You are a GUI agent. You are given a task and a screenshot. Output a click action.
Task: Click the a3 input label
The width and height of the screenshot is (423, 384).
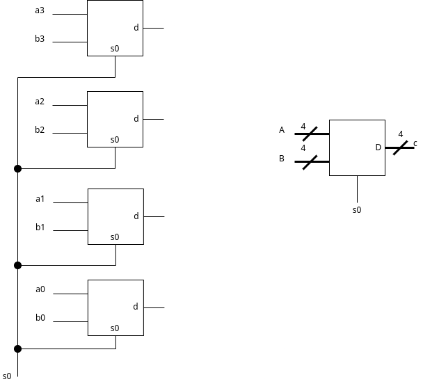click(40, 11)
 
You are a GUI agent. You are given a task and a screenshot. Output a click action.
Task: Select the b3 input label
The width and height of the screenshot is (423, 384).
click(40, 39)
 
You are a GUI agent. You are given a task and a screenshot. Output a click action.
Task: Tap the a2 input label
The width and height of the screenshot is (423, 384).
click(40, 102)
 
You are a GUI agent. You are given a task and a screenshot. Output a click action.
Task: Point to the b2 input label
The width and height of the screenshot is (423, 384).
click(40, 129)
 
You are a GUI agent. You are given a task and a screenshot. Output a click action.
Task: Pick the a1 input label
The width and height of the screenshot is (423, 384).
click(40, 199)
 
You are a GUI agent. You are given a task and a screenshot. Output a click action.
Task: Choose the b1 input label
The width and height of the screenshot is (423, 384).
click(40, 227)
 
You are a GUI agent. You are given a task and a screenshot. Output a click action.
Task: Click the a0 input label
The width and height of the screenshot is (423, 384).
click(40, 289)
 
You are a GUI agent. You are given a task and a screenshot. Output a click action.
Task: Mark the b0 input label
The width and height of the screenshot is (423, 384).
click(40, 318)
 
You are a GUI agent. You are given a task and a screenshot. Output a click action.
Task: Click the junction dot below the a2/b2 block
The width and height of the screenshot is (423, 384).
click(18, 168)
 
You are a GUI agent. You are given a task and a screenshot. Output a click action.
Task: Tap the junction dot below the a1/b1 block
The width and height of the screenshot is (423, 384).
click(18, 265)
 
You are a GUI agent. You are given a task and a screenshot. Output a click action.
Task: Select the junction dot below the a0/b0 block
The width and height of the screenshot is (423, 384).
click(18, 349)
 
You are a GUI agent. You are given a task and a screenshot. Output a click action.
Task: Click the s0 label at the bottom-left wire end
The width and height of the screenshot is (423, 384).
click(7, 376)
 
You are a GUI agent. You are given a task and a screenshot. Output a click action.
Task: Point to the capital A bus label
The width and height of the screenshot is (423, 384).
click(282, 130)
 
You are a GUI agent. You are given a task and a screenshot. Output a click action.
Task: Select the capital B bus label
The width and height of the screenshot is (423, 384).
click(282, 158)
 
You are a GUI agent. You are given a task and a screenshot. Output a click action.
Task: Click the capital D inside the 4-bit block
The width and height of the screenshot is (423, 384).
click(378, 147)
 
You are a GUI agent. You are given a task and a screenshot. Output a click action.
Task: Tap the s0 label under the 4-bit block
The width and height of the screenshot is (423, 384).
click(357, 209)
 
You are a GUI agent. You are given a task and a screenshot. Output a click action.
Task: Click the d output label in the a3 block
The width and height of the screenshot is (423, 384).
click(136, 28)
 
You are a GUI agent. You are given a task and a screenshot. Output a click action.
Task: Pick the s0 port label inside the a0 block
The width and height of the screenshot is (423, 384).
click(115, 328)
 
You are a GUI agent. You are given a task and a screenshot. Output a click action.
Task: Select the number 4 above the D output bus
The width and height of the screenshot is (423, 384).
click(400, 134)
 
